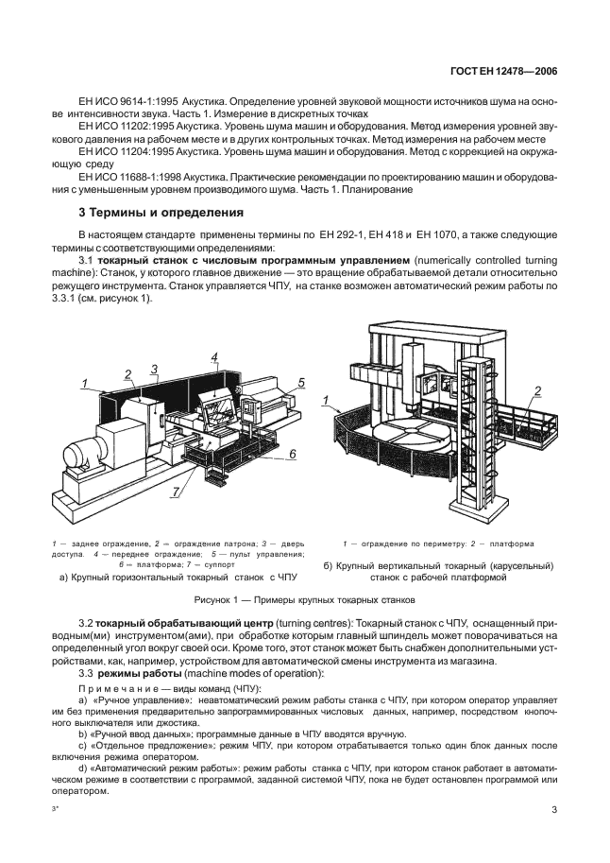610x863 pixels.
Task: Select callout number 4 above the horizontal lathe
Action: click(x=214, y=357)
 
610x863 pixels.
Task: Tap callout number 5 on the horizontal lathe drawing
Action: click(x=300, y=382)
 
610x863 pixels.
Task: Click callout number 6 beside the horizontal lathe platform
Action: click(x=293, y=455)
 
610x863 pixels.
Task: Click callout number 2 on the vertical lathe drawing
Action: click(x=537, y=391)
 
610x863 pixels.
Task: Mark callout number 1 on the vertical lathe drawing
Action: click(x=326, y=401)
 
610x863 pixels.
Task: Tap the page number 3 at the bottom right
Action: click(x=554, y=810)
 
